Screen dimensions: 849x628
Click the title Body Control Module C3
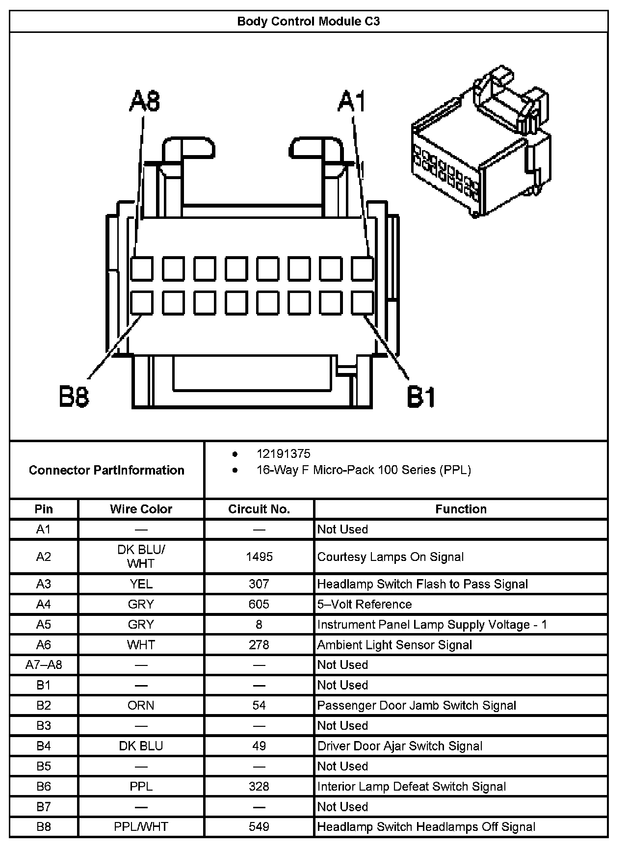click(x=308, y=22)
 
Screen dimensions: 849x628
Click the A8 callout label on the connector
click(x=145, y=101)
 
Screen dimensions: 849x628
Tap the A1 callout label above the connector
click(x=352, y=101)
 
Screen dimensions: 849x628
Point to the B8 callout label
click(x=74, y=396)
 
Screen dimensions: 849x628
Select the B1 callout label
click(x=421, y=396)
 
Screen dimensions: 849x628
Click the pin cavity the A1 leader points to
click(x=362, y=268)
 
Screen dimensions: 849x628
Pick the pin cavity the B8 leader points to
click(x=142, y=303)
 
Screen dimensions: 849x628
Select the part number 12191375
click(x=283, y=454)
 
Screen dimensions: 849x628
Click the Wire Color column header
click(x=141, y=509)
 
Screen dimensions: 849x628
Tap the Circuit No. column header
click(x=259, y=509)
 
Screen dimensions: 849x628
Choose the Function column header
click(x=461, y=509)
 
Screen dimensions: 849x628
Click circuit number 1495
click(x=259, y=557)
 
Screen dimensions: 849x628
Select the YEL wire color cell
click(x=141, y=584)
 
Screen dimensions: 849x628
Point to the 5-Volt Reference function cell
click(x=365, y=604)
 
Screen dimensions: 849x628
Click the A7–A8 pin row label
click(x=44, y=664)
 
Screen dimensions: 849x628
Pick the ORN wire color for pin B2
click(x=141, y=705)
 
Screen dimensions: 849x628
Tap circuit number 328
click(x=259, y=786)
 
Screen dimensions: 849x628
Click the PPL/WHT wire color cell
click(x=141, y=826)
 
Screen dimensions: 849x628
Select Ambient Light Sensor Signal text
click(x=394, y=645)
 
